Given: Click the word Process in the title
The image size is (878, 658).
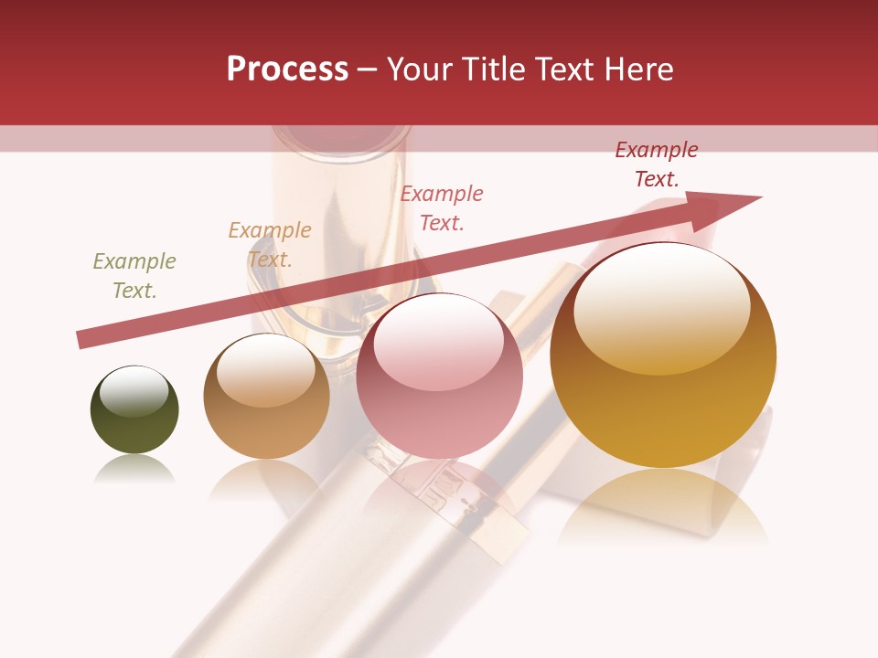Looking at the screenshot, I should tap(287, 69).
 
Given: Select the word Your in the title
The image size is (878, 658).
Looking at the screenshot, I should tap(419, 69).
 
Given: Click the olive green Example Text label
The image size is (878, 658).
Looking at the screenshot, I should tap(134, 276).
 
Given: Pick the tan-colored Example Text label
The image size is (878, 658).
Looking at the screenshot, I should tap(270, 245).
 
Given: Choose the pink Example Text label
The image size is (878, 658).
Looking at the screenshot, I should tap(442, 207).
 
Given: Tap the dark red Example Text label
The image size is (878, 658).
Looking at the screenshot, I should tap(657, 164).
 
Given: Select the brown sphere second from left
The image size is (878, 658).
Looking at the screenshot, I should tap(266, 397).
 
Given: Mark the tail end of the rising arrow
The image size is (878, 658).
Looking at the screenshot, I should tap(80, 340).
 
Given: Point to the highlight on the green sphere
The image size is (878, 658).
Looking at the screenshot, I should tap(134, 390).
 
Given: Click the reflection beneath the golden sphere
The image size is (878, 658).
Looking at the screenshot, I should tap(663, 507).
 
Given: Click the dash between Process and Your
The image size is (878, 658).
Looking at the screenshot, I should tap(367, 70).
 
